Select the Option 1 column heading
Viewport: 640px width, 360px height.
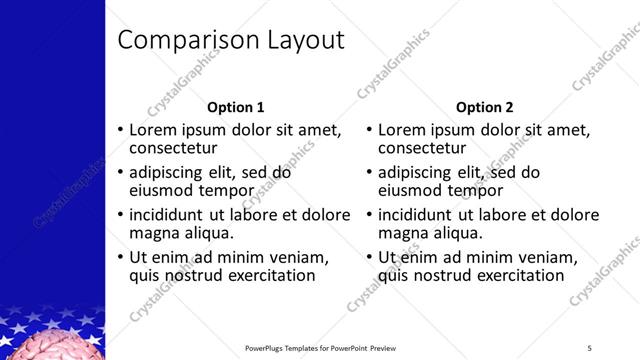pos(236,107)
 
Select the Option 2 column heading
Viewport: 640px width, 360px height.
pos(485,107)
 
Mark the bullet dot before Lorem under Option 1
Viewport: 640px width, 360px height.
pos(121,131)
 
